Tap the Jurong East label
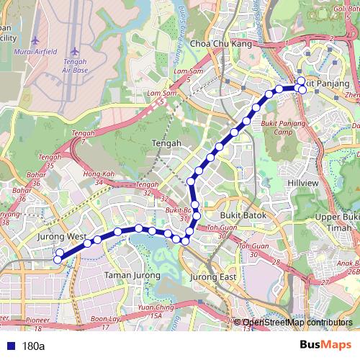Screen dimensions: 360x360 (x=212, y=276)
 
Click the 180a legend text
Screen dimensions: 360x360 (x=34, y=346)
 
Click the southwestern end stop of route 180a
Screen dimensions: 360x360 (x=58, y=253)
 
